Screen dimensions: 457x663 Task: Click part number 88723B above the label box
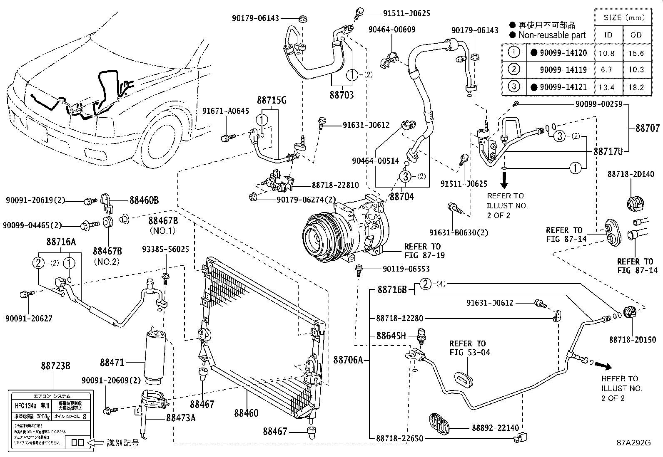tap(55, 366)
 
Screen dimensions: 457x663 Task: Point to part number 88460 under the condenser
tap(246, 413)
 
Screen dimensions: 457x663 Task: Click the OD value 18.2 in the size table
tap(636, 87)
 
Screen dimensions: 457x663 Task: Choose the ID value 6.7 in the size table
tap(607, 70)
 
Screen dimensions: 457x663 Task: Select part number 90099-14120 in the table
tap(563, 53)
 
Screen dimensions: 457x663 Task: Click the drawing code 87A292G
tap(633, 443)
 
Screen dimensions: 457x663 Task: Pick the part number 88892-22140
tap(496, 428)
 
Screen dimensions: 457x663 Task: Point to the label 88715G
tap(272, 100)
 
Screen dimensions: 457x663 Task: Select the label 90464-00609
tap(391, 30)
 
